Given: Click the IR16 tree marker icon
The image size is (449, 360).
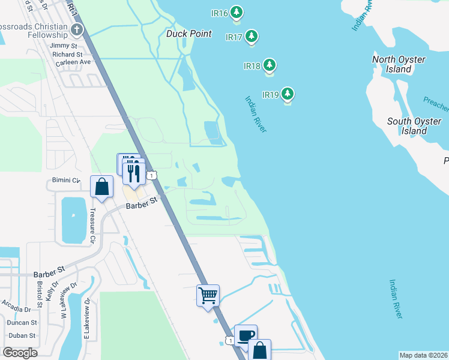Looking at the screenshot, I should (x=237, y=12).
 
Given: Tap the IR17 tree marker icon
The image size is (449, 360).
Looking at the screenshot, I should (x=251, y=37).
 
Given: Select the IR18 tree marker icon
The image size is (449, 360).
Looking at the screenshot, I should (x=270, y=65).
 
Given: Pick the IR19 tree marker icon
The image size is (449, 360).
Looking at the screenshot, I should (x=288, y=94).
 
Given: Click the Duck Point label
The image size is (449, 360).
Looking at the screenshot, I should (x=188, y=34).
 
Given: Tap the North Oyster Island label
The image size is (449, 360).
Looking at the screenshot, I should (x=399, y=64).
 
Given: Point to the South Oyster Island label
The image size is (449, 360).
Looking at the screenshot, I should (x=414, y=126).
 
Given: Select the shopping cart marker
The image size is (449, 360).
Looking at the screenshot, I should (x=208, y=295).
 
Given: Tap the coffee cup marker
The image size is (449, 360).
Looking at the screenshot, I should (x=246, y=335).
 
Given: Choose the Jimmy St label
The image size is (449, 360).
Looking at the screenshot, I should (x=64, y=46).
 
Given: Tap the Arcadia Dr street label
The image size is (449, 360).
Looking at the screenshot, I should (x=16, y=310).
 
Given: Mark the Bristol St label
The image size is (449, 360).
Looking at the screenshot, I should (x=39, y=292).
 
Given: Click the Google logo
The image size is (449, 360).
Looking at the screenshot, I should (x=20, y=353).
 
